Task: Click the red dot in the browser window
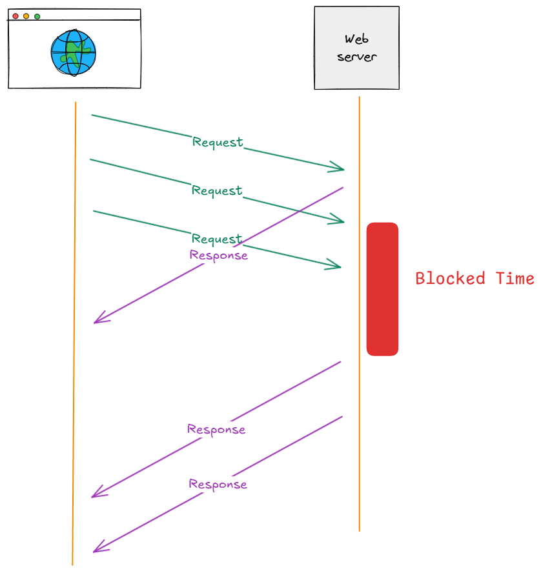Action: [15, 15]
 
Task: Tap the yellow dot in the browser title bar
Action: [26, 15]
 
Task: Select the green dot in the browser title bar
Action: [37, 15]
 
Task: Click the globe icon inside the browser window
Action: [73, 53]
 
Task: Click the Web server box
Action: [356, 48]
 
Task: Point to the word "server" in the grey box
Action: [356, 57]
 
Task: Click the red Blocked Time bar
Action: [382, 289]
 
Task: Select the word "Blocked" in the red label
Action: [450, 279]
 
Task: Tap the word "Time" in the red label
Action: [515, 279]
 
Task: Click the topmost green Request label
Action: [218, 142]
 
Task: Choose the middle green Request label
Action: [217, 190]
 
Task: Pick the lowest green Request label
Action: [217, 239]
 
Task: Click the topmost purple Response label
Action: [219, 255]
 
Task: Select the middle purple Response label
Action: [216, 429]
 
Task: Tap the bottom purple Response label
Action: [218, 484]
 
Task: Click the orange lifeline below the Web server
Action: [359, 452]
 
